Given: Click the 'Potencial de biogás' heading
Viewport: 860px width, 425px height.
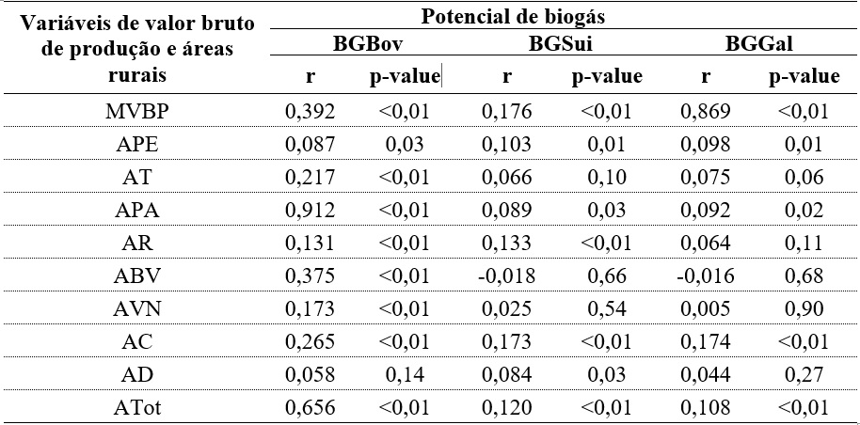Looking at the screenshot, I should click(564, 15).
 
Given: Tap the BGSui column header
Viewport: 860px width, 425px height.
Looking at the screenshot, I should click(560, 43).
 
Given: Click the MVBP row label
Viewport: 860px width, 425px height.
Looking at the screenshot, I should click(137, 113).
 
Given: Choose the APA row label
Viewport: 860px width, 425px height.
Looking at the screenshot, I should click(137, 212).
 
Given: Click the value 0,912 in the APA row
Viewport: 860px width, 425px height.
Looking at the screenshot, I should click(310, 212).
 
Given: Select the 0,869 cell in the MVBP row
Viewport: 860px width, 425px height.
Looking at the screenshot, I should click(705, 113).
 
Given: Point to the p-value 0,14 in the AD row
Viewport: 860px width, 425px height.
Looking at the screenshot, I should click(405, 376).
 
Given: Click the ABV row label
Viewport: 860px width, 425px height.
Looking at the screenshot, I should click(137, 277).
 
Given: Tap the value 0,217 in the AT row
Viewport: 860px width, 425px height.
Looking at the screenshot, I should click(310, 179).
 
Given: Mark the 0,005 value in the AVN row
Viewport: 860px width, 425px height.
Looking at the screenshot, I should click(705, 310).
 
